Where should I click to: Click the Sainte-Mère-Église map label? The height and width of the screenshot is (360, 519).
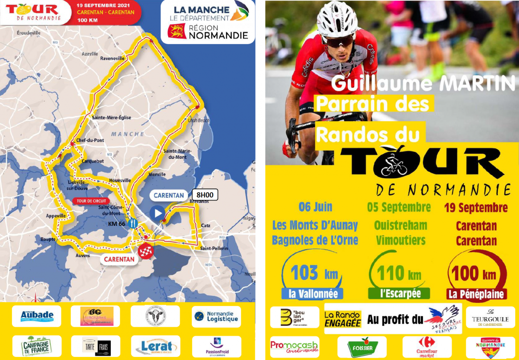click(x=111, y=117)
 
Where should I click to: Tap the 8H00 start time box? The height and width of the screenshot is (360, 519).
click(x=205, y=195)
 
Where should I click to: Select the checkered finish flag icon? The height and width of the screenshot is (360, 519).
click(x=145, y=251)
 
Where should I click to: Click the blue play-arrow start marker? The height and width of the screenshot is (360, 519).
click(x=157, y=212)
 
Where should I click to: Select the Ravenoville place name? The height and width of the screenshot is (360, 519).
click(x=112, y=58)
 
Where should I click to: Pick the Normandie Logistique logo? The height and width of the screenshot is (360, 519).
click(x=216, y=316)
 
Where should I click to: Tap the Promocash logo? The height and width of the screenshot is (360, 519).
click(x=295, y=346)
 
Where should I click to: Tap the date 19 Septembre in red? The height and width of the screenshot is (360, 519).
click(x=476, y=208)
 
